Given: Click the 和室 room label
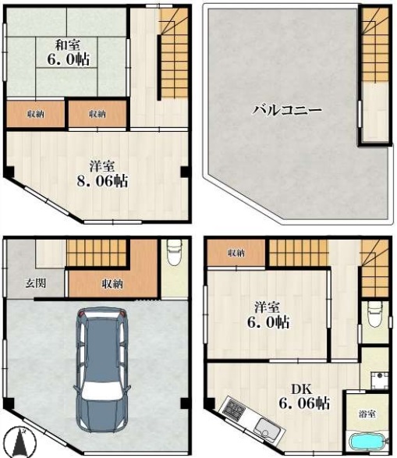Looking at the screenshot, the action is [67, 45].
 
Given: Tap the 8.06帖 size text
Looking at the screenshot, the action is [102, 181].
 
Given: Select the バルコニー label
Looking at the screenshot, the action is [287, 111].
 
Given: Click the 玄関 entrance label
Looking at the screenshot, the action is [35, 283].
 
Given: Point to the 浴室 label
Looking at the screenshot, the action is [367, 414].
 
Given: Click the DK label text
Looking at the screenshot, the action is [302, 389].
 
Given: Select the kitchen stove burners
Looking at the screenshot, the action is [233, 410].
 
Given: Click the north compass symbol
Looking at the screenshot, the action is [21, 442].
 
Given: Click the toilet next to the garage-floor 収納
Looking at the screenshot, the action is [174, 252].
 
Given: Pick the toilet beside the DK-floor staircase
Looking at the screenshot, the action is [374, 314].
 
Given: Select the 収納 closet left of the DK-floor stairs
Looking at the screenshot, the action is [236, 253].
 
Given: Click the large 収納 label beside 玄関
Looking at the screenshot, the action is [112, 283].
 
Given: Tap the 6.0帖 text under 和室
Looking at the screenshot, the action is [69, 59].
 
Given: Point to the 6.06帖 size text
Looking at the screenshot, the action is [304, 403].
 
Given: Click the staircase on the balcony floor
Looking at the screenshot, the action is [375, 44].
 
